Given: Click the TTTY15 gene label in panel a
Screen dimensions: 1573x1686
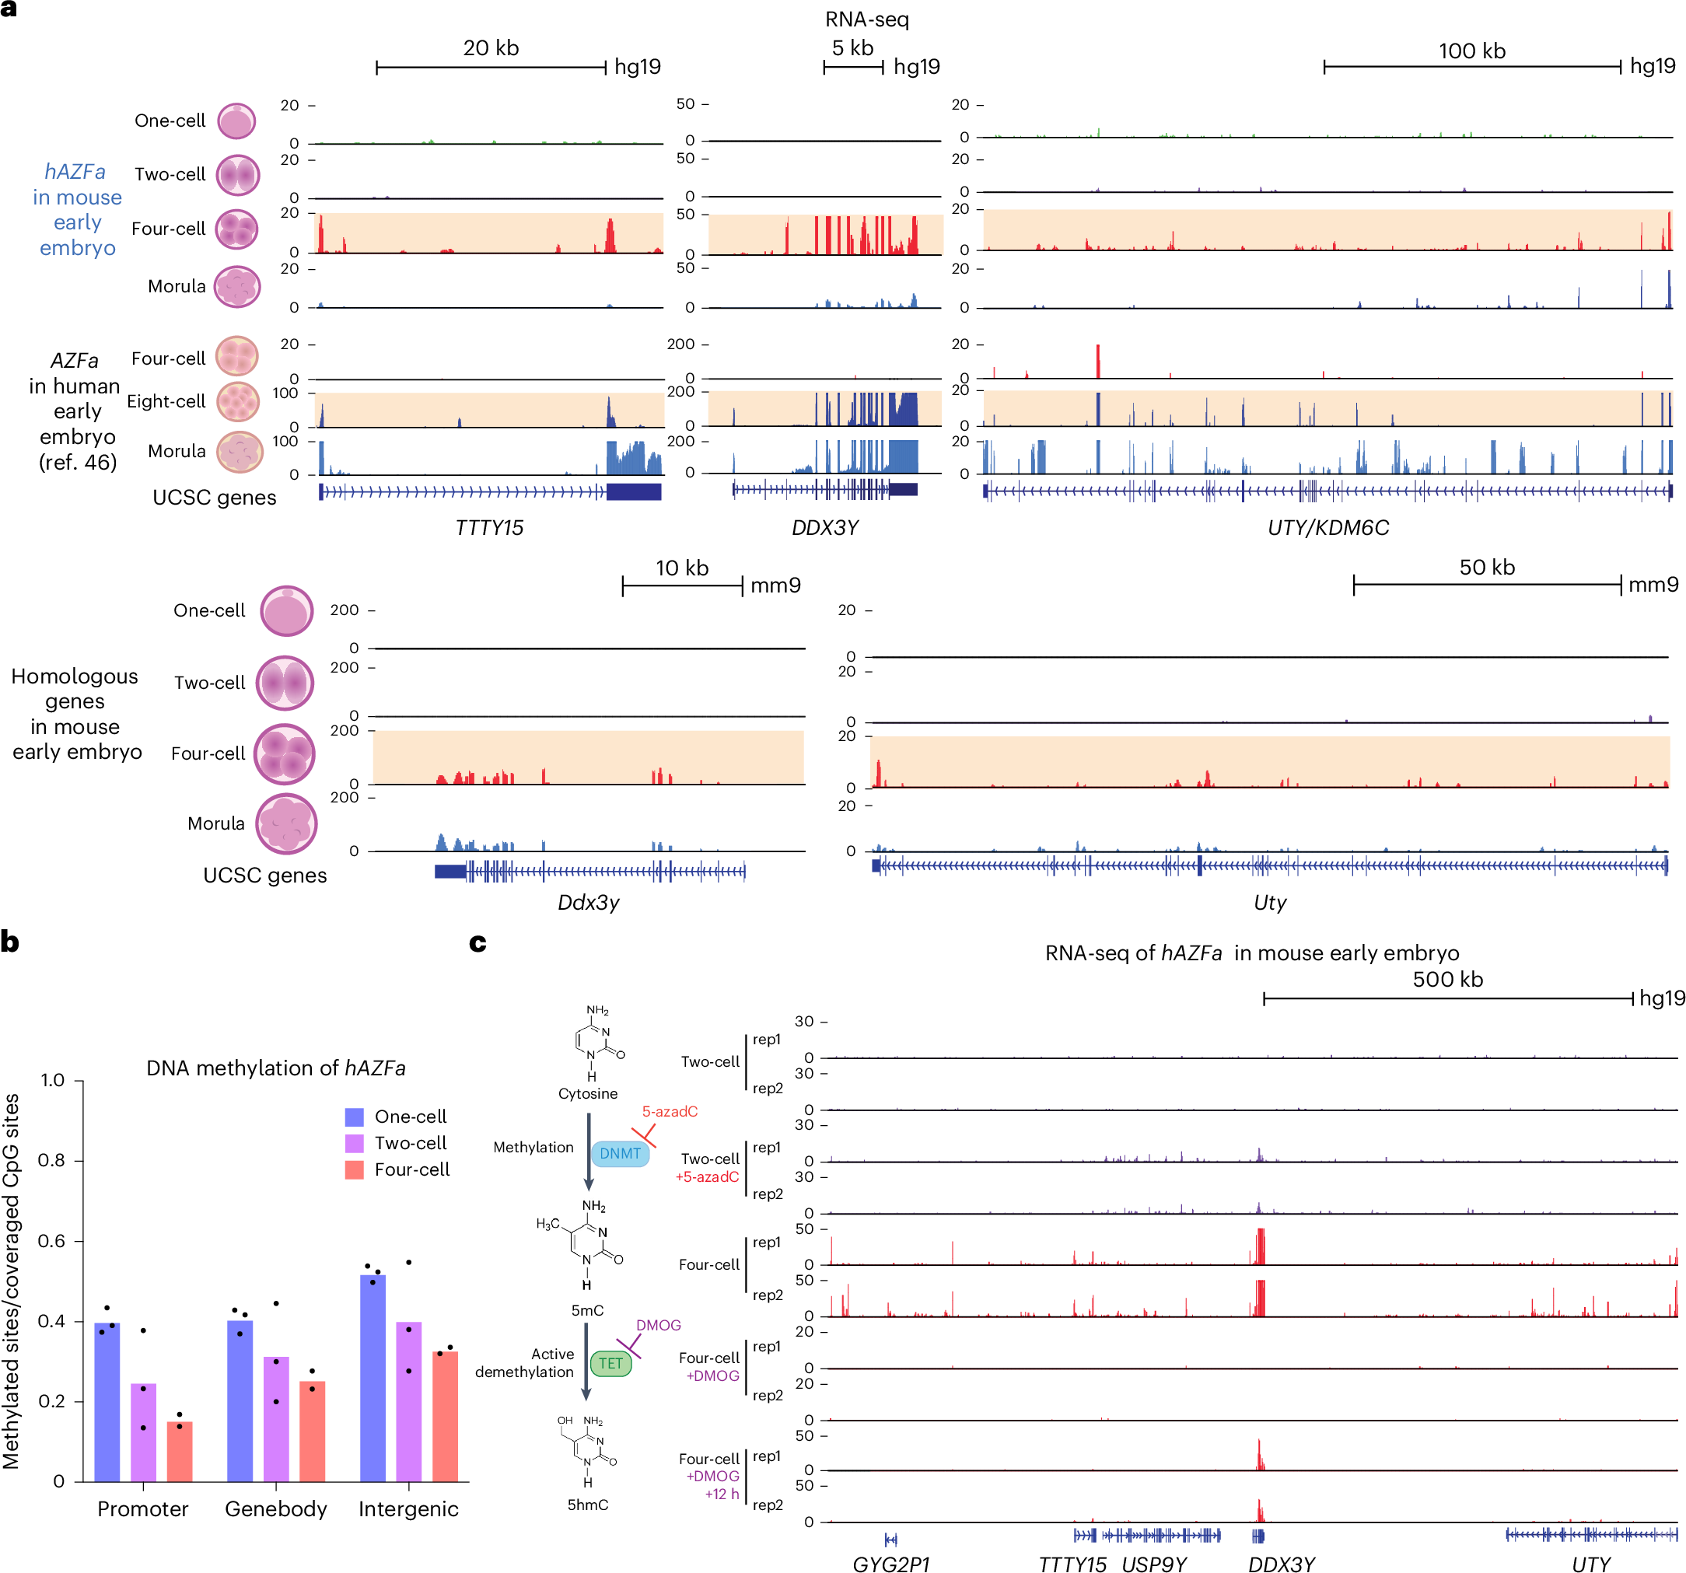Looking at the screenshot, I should point(489,527).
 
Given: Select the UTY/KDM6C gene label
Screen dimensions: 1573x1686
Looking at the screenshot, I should point(1328,527).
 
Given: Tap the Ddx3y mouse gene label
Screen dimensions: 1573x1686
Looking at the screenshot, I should point(588,902).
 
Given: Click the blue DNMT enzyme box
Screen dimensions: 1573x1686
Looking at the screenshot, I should point(620,1153).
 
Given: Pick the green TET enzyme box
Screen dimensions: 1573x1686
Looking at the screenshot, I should point(610,1364).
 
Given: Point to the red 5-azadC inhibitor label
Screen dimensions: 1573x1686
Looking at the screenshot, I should point(669,1112).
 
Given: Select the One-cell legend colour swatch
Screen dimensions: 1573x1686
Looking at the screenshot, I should point(355,1117).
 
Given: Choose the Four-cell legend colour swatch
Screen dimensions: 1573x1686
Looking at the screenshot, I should point(355,1169).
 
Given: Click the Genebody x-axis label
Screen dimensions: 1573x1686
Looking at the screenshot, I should point(275,1508).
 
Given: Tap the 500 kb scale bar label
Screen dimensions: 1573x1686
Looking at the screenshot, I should point(1448,980).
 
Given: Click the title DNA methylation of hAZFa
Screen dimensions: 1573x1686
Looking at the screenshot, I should point(275,1068).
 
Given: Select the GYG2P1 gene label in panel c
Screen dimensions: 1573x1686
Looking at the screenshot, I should point(890,1564).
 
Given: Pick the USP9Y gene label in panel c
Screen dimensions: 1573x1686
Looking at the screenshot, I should point(1154,1564).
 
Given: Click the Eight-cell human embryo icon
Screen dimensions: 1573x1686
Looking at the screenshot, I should point(237,402).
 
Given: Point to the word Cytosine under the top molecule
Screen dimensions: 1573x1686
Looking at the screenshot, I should point(588,1093).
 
